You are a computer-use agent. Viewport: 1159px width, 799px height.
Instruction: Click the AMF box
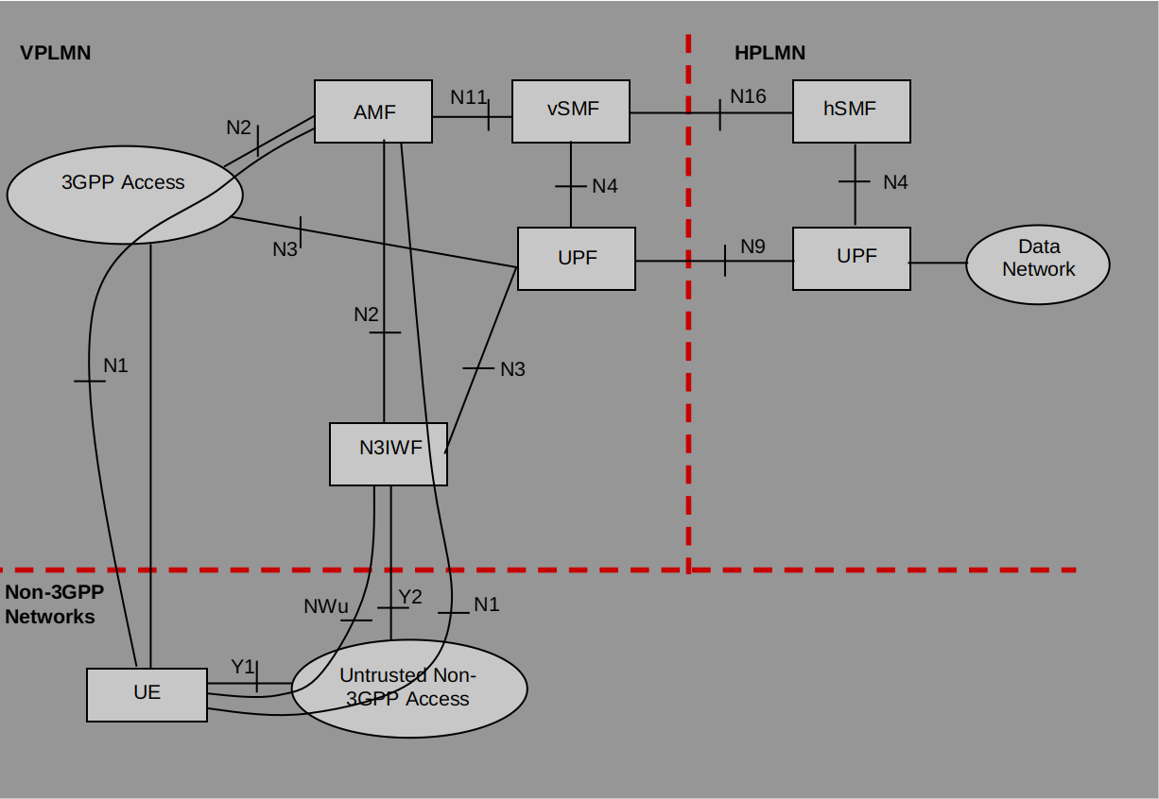coord(373,111)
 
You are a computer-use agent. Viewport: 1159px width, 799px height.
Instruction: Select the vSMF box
coord(571,110)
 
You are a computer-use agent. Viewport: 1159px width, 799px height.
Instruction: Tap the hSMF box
coord(851,110)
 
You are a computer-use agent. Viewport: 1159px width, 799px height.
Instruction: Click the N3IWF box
coord(389,453)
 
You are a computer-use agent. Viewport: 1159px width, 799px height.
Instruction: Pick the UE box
coord(147,694)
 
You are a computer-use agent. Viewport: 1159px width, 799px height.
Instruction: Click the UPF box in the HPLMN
coord(851,258)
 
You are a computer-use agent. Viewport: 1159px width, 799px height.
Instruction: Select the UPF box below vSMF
coord(577,258)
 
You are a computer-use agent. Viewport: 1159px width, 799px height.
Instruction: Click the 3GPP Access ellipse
coord(125,194)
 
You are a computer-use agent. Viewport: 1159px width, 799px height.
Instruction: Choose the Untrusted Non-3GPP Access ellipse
coord(408,688)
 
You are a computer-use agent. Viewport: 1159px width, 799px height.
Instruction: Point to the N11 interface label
coord(468,97)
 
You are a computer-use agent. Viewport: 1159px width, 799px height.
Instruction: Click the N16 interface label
coord(748,96)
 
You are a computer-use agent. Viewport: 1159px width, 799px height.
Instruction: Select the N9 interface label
coord(752,246)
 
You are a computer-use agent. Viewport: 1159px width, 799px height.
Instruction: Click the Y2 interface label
coord(410,596)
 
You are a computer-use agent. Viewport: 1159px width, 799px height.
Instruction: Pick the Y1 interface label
coord(243,667)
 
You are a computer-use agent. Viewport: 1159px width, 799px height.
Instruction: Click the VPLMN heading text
coord(56,53)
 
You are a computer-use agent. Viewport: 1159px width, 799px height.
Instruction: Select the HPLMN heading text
coord(770,53)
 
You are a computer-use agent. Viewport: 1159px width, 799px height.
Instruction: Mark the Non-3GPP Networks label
coord(52,604)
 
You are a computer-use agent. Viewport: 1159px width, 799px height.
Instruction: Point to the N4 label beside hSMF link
coord(895,182)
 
